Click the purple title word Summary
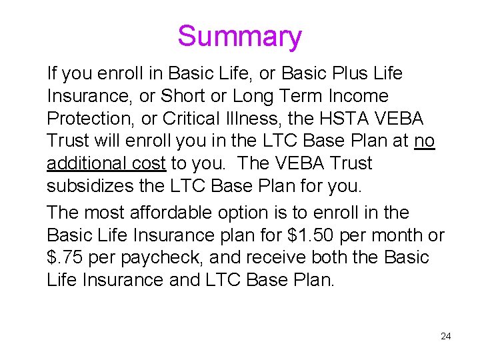click(x=239, y=36)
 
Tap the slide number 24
click(x=446, y=336)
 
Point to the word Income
click(x=353, y=96)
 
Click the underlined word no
click(x=425, y=141)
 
